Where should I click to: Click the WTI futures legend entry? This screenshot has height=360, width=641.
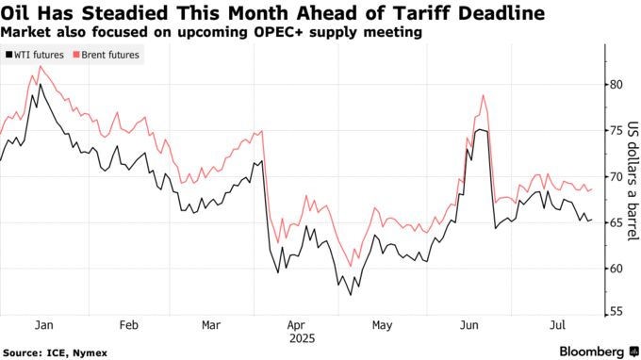coord(37,55)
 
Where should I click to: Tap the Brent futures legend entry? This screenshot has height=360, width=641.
coord(109,55)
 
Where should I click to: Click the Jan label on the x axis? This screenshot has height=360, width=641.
coord(43,324)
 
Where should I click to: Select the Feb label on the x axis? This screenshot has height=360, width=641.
coord(129,324)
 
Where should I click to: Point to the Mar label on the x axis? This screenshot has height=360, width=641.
coord(212,324)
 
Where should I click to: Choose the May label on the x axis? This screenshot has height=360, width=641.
coord(382,324)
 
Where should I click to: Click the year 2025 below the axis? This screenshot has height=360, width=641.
coord(302,337)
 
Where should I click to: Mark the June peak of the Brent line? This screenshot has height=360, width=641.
coord(483,95)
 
